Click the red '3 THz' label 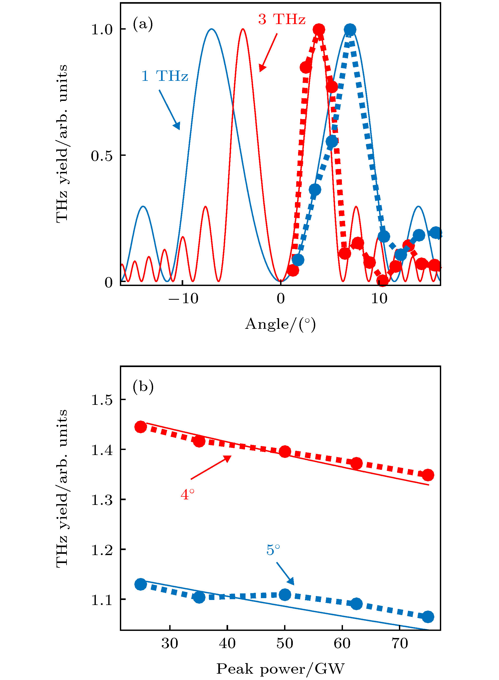coord(281,19)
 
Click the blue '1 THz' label coord(165,76)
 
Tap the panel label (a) coord(143,24)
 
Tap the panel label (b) coord(143,387)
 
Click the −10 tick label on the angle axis coord(183,299)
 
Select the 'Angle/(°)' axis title coord(280,324)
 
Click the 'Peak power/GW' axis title coord(280,669)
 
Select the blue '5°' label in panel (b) coord(273,550)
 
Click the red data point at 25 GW coord(140,427)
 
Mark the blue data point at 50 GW coord(285,594)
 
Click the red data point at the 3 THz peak coord(319,30)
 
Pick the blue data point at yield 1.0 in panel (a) coord(350,30)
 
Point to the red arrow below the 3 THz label coord(268,53)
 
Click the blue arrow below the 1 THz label coord(170,110)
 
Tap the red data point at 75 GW coord(428,475)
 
